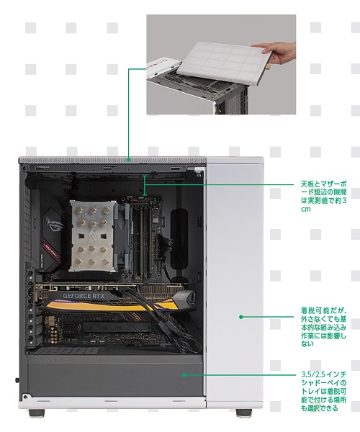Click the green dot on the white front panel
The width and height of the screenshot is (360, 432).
(241, 315)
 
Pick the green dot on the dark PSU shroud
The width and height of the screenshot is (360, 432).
(185, 374)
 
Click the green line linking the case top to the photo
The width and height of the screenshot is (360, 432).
(129, 108)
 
